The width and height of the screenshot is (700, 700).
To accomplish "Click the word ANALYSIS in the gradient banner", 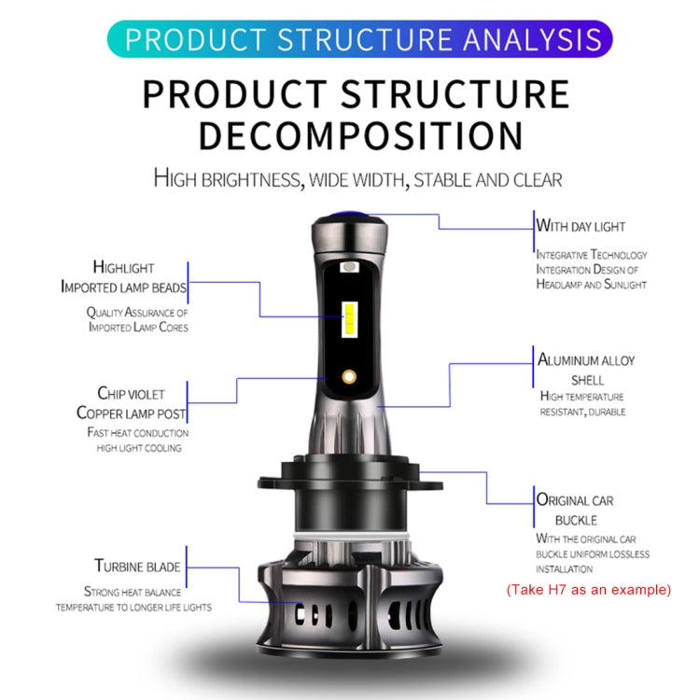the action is coord(533,39).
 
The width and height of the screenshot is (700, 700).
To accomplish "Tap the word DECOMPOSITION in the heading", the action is coord(360,135).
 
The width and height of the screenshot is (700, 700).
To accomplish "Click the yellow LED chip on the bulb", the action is coord(350,319).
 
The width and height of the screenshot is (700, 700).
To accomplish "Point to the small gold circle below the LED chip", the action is coord(349,377).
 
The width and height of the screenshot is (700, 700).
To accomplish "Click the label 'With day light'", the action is coord(581,226).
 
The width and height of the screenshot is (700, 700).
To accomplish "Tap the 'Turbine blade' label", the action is coord(137,567).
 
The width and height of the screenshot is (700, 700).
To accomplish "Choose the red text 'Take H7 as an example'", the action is coord(589,590).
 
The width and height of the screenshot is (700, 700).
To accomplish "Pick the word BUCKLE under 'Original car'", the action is coord(576,521).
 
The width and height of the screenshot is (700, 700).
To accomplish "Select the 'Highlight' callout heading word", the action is coord(123,268).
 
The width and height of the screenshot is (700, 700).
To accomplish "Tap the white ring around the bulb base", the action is coord(351,536).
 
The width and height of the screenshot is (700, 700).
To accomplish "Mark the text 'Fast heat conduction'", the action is coord(138,432).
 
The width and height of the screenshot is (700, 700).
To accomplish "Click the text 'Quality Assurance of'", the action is coord(137,312).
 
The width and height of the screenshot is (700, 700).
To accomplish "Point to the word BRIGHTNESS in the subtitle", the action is coord(251,180).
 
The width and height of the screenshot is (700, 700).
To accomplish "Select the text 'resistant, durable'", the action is coord(582,412).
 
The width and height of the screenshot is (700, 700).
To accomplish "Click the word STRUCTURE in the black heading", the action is coord(455,93).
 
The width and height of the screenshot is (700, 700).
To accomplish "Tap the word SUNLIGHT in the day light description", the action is coord(625,285).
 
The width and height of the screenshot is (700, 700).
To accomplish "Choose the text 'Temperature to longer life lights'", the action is coord(133,608).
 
